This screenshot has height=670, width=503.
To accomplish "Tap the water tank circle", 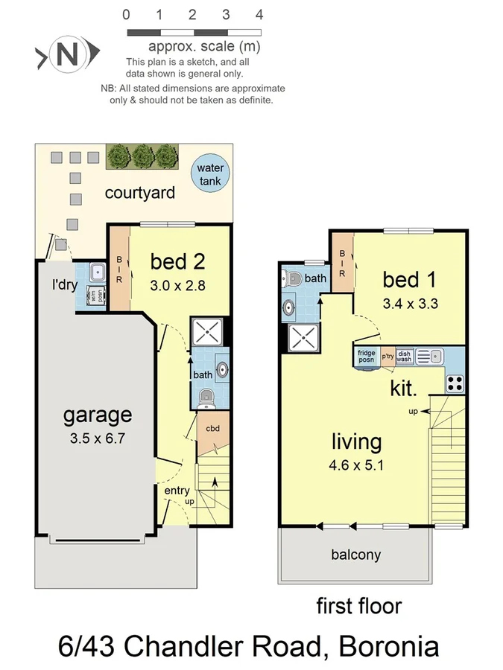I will coord(210,174).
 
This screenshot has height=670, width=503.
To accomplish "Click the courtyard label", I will coord(140,193).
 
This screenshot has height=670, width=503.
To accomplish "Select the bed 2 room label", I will coord(177,261).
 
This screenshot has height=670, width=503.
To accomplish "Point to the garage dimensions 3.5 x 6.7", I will coord(97,438).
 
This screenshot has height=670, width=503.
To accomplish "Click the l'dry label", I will coord(65,284).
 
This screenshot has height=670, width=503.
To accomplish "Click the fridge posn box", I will coord(367,356).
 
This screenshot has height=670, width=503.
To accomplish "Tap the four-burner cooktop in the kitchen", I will coord(455,383).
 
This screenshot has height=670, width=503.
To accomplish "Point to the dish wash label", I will coord(404,356).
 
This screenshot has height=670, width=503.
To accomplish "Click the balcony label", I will coord(355,554).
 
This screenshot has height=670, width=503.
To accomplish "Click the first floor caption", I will coord(359,605).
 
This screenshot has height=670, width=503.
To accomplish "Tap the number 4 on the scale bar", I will coord(259,14).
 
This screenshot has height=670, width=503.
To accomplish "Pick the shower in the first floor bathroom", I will coord(303,339).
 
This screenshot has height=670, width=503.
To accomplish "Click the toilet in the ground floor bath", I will coord(206,396).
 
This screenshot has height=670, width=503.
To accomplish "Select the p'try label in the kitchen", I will coord(387,356).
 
